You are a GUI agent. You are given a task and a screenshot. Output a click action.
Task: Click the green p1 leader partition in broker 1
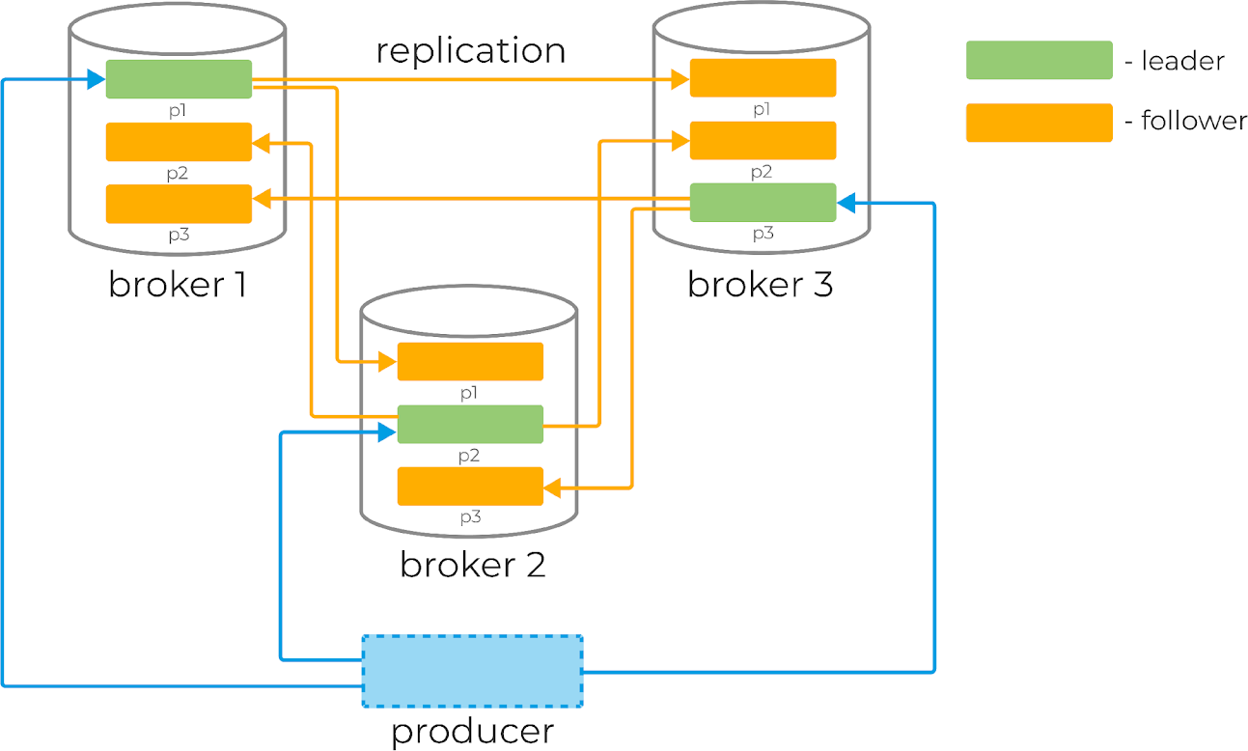click(179, 79)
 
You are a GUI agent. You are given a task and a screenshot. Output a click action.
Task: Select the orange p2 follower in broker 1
click(179, 142)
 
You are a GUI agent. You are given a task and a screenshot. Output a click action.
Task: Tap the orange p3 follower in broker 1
click(179, 204)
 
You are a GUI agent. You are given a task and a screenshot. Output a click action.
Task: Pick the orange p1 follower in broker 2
click(470, 362)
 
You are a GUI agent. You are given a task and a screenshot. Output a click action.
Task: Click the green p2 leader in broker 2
click(470, 425)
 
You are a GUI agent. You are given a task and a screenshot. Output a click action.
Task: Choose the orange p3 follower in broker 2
click(470, 487)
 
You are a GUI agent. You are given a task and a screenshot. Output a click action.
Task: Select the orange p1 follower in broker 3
click(763, 78)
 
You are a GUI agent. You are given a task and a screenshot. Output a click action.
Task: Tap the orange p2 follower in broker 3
click(763, 140)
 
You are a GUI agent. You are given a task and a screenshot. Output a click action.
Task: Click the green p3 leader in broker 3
click(763, 203)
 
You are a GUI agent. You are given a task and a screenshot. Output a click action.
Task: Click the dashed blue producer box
click(472, 671)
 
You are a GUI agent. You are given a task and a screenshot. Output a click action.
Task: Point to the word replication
click(471, 51)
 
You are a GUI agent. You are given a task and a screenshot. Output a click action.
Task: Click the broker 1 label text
click(178, 285)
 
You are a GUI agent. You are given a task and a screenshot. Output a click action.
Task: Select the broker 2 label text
click(472, 565)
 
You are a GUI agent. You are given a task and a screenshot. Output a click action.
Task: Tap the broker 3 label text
click(761, 285)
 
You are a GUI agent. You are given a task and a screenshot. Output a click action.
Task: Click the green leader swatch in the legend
click(1040, 60)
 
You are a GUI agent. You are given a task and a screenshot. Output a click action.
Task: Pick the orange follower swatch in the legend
click(1040, 123)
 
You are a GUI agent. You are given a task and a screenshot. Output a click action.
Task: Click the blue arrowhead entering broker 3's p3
click(846, 204)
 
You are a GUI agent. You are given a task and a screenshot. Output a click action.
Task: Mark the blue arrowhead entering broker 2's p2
click(387, 432)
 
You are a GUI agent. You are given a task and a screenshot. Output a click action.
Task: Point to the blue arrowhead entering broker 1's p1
click(97, 80)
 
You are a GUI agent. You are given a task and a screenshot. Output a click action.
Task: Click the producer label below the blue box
click(472, 732)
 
